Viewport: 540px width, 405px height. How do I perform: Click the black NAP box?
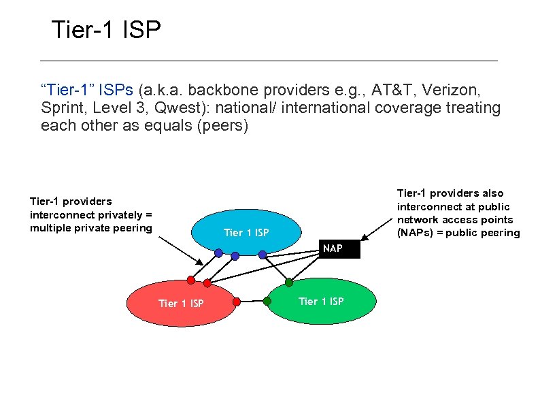pyautogui.click(x=333, y=248)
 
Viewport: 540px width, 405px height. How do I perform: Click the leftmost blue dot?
pyautogui.click(x=218, y=253)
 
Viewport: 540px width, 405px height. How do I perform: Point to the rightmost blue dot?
pyautogui.click(x=263, y=253)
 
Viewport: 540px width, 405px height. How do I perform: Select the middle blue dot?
pyautogui.click(x=235, y=256)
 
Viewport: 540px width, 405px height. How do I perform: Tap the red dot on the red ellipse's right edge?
pyautogui.click(x=236, y=300)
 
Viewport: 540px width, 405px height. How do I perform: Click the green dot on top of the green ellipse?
pyautogui.click(x=288, y=282)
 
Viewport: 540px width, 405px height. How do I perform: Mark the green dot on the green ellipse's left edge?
pyautogui.click(x=267, y=299)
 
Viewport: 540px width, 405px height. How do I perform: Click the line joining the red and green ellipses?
pyautogui.click(x=252, y=300)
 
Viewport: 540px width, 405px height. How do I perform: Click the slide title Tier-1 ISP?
pyautogui.click(x=106, y=30)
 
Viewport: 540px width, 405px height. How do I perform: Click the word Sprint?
pyautogui.click(x=61, y=108)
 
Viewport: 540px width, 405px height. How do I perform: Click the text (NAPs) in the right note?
pyautogui.click(x=418, y=233)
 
